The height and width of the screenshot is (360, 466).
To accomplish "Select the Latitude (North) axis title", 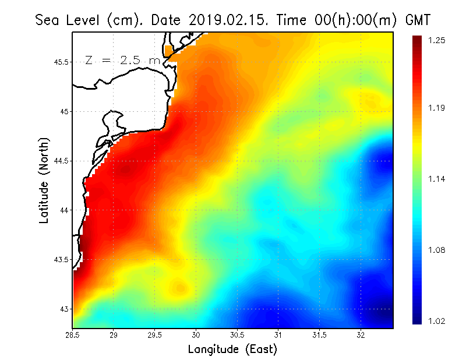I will click(x=44, y=181).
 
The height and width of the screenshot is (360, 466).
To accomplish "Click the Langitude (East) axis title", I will click(x=232, y=350).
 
